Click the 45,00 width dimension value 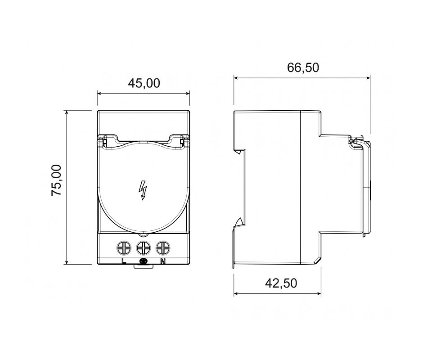tap(144, 83)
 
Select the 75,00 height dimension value tap(57, 180)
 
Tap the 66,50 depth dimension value tap(303, 68)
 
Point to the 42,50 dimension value tap(281, 283)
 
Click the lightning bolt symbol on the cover tap(142, 190)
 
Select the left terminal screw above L tap(124, 247)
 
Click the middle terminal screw tap(144, 247)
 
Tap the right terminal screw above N tap(163, 247)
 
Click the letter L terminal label tap(124, 261)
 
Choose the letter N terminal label tap(162, 261)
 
